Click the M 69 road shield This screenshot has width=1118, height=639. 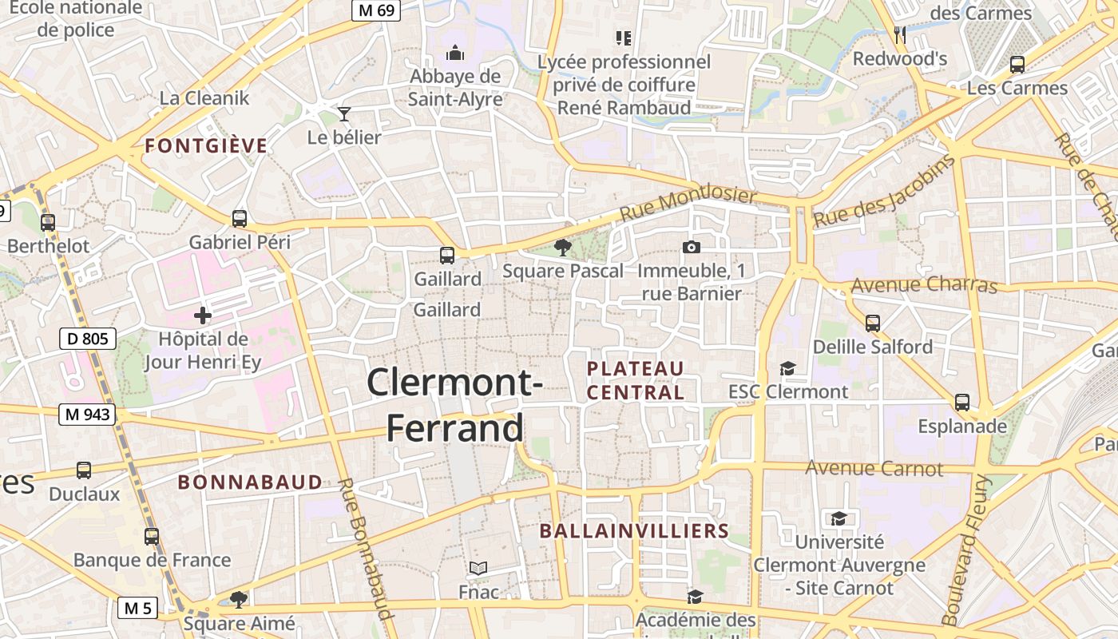pos(376,10)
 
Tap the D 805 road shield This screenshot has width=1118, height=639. pos(88,339)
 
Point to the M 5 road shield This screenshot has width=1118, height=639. pos(138,608)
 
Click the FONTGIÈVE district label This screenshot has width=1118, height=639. pos(206,145)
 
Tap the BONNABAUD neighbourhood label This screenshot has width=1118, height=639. pos(250,482)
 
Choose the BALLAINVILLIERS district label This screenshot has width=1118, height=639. pos(634,531)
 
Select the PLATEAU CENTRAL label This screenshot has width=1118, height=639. pos(636,380)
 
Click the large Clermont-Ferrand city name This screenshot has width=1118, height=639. pos(455,404)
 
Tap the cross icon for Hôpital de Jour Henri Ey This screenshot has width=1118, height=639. pos(203,316)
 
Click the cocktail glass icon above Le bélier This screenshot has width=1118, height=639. pos(344,114)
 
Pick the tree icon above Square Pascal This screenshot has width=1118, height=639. pos(563,248)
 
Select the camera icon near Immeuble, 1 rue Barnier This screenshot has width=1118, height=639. pos(692,248)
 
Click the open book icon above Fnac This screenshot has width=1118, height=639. pos(478,568)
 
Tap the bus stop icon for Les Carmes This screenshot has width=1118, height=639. pos(1017,65)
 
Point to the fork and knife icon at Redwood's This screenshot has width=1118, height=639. pos(900,35)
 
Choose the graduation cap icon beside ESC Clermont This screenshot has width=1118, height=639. pos(788,368)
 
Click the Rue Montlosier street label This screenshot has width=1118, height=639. pos(688,205)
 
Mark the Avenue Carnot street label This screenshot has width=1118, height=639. pos(874,468)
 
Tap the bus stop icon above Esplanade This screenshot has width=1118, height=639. pos(962,402)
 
